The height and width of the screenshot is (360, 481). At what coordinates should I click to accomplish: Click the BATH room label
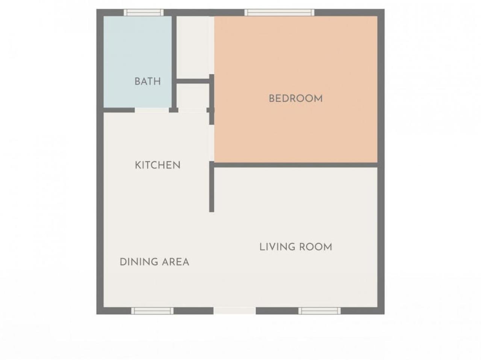tap(147, 81)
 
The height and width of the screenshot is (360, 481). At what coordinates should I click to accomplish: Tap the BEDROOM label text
tap(296, 98)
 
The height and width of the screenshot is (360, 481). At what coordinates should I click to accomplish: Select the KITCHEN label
tap(157, 165)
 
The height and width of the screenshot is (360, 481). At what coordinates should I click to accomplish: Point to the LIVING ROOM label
tap(296, 247)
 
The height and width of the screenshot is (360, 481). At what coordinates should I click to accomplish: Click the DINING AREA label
tap(154, 262)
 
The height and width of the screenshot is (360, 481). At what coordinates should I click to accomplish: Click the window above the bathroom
tap(144, 12)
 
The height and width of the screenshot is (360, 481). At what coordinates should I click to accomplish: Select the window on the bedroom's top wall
tap(280, 12)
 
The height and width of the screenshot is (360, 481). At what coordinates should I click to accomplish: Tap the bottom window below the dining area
tap(152, 311)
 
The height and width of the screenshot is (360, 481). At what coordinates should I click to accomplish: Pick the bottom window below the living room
tap(319, 311)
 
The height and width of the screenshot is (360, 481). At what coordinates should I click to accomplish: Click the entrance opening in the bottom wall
tap(235, 311)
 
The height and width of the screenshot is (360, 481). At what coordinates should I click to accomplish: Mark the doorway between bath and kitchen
tap(152, 110)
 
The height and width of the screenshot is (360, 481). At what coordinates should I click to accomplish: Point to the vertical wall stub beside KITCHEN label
tap(212, 187)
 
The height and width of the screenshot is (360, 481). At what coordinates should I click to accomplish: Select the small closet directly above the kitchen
tap(193, 96)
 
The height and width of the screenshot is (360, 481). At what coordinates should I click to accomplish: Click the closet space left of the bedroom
tap(195, 47)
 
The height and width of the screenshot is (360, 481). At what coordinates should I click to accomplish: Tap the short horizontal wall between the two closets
tap(193, 81)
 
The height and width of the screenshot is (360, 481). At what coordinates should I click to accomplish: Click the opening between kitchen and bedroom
tap(212, 143)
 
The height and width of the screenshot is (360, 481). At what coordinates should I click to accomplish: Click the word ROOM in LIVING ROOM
tap(316, 247)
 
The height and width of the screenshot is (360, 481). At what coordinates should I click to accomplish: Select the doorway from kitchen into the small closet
tap(192, 110)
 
